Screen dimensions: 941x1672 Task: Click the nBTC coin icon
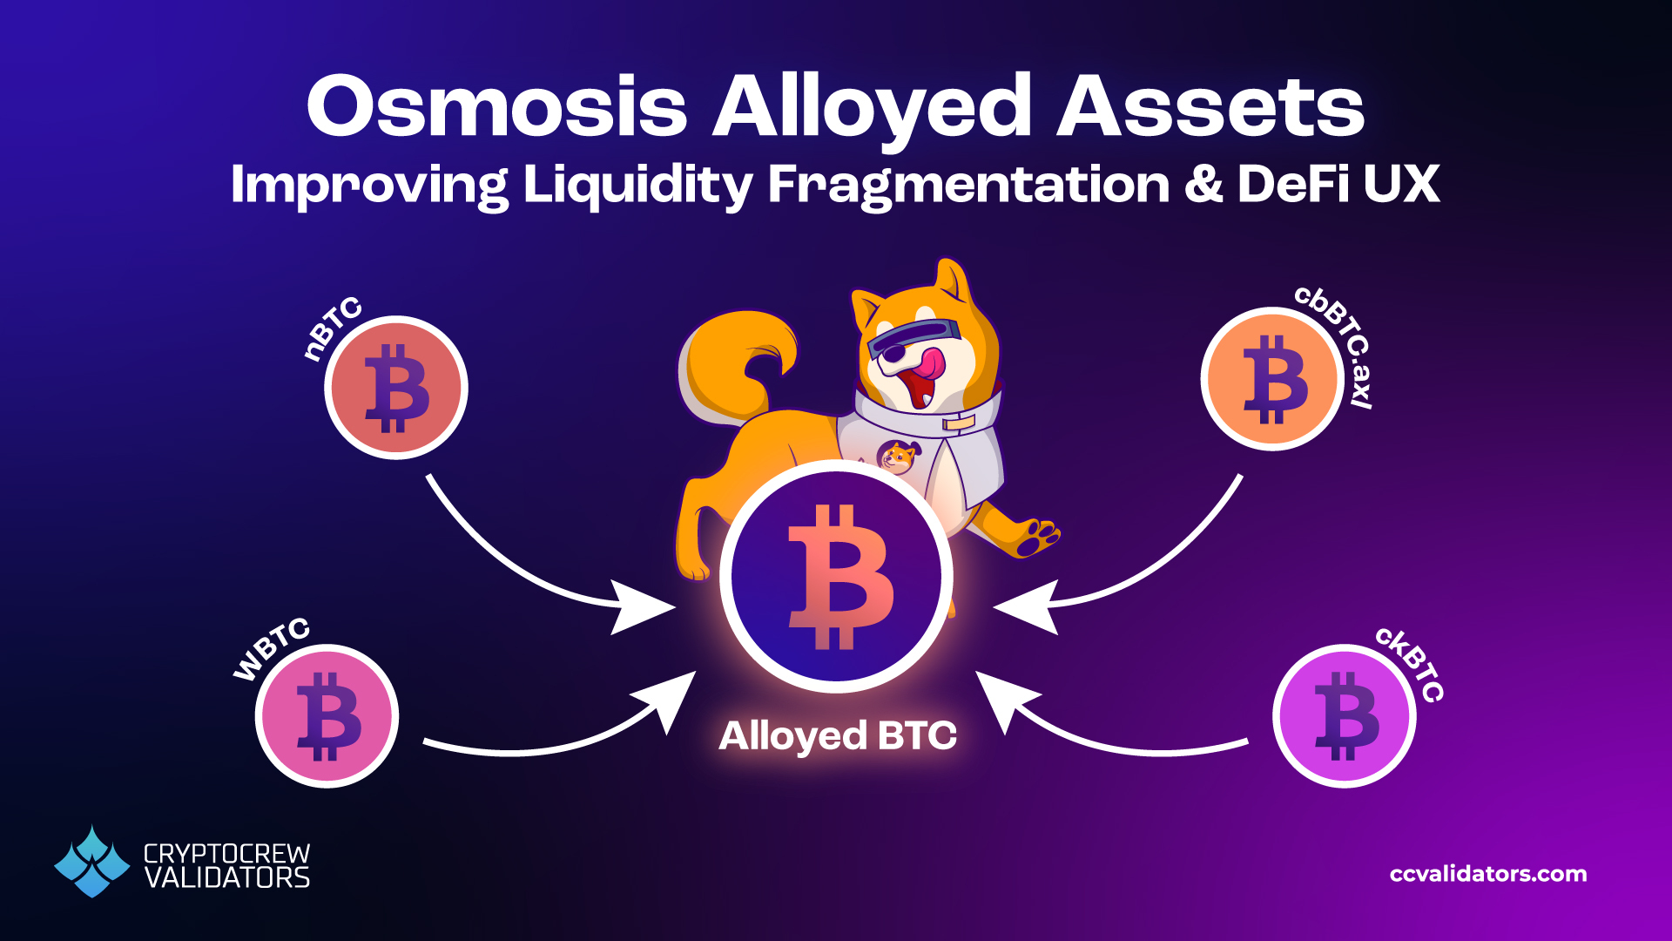396,388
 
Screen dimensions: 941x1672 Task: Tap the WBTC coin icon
327,716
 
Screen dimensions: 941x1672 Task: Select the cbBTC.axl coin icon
1272,379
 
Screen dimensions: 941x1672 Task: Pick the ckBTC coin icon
1344,716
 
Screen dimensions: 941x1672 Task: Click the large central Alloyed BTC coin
836,576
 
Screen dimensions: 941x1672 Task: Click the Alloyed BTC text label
837,736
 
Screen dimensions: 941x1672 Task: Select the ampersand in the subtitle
1204,185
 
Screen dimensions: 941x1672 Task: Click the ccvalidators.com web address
1488,874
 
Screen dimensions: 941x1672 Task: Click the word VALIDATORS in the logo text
226,878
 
